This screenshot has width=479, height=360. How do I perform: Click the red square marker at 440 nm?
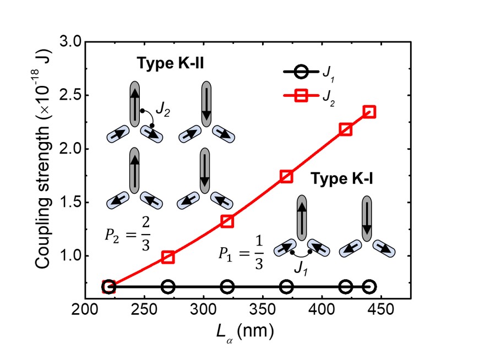point(369,112)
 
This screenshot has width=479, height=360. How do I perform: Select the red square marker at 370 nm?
point(286,176)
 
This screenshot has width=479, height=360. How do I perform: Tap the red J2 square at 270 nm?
point(168,257)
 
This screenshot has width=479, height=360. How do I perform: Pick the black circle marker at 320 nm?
point(227,287)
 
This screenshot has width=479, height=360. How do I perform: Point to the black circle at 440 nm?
point(369,287)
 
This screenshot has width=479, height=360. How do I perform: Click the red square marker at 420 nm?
point(346,129)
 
